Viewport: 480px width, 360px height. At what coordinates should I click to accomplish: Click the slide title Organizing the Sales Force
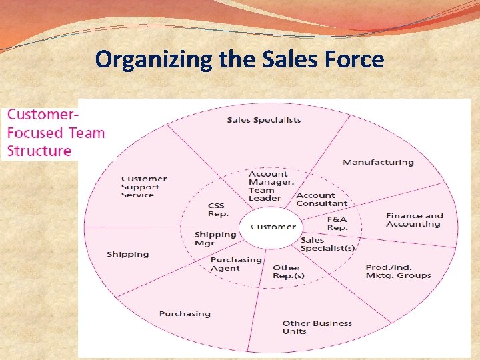click(x=239, y=59)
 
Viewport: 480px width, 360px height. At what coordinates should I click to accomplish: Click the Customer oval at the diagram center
click(x=273, y=227)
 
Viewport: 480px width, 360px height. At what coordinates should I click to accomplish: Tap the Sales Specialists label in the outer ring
click(x=264, y=120)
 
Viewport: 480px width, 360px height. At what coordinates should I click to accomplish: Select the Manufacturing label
click(x=378, y=162)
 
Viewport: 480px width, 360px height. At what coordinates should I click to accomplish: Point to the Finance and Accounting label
click(x=413, y=220)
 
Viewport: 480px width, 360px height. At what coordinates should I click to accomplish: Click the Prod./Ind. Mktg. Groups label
click(x=398, y=271)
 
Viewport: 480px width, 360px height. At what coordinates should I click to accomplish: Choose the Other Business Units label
click(x=317, y=327)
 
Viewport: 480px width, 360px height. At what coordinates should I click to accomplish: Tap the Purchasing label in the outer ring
click(x=185, y=313)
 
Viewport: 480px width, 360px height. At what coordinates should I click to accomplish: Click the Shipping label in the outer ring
click(x=128, y=254)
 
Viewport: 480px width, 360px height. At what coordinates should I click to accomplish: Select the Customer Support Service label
click(x=144, y=187)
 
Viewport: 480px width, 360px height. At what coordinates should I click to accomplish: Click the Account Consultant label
click(x=321, y=199)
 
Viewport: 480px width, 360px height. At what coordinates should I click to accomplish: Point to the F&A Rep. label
click(x=337, y=223)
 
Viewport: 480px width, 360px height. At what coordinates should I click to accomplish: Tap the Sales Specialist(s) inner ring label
click(x=327, y=244)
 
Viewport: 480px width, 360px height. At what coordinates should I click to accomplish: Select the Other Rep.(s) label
click(x=288, y=272)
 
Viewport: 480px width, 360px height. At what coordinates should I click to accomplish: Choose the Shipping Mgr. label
click(x=215, y=239)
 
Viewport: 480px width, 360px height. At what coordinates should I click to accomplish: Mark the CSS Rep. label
click(x=218, y=210)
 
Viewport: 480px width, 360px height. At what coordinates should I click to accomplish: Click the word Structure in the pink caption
click(x=39, y=151)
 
